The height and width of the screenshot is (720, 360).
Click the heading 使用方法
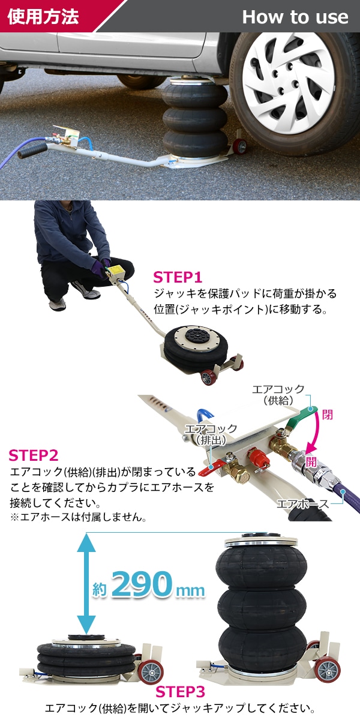click(43, 16)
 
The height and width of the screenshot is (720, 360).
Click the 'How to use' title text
click(295, 17)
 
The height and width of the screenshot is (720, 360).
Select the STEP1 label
click(177, 277)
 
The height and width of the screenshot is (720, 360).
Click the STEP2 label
click(34, 455)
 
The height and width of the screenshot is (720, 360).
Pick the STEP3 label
click(180, 692)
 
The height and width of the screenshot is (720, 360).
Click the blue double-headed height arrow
click(86, 583)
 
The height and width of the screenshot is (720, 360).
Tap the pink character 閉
click(327, 415)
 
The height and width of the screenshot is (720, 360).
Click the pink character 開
click(311, 462)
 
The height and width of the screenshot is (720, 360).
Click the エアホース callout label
click(302, 503)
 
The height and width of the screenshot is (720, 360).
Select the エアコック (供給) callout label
click(278, 394)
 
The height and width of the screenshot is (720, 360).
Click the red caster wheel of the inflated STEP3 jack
click(328, 670)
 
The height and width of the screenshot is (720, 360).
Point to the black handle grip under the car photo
click(32, 151)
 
